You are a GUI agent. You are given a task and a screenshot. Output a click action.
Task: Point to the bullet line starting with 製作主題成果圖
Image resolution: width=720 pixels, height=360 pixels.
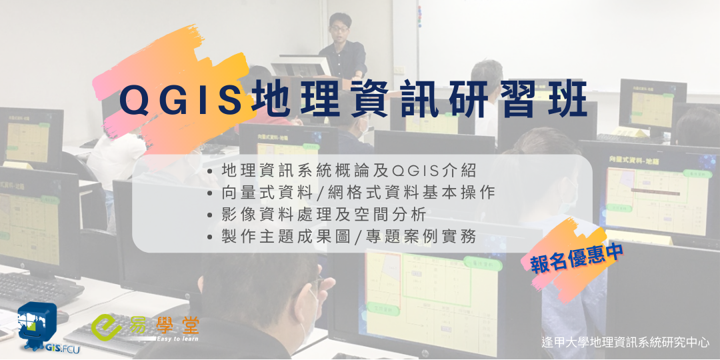click(349, 237)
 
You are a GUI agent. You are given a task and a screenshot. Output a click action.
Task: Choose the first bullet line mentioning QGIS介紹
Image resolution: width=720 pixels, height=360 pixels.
click(349, 171)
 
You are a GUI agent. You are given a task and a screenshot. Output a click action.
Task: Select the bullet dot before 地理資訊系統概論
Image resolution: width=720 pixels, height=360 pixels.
click(211, 171)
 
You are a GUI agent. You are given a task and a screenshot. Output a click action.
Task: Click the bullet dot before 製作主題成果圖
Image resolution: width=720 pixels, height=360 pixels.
click(211, 237)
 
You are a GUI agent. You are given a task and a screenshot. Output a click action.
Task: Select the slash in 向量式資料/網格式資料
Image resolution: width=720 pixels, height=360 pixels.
click(317, 193)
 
